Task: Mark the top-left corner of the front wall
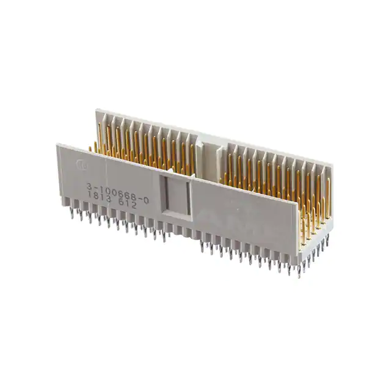point(57,145)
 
